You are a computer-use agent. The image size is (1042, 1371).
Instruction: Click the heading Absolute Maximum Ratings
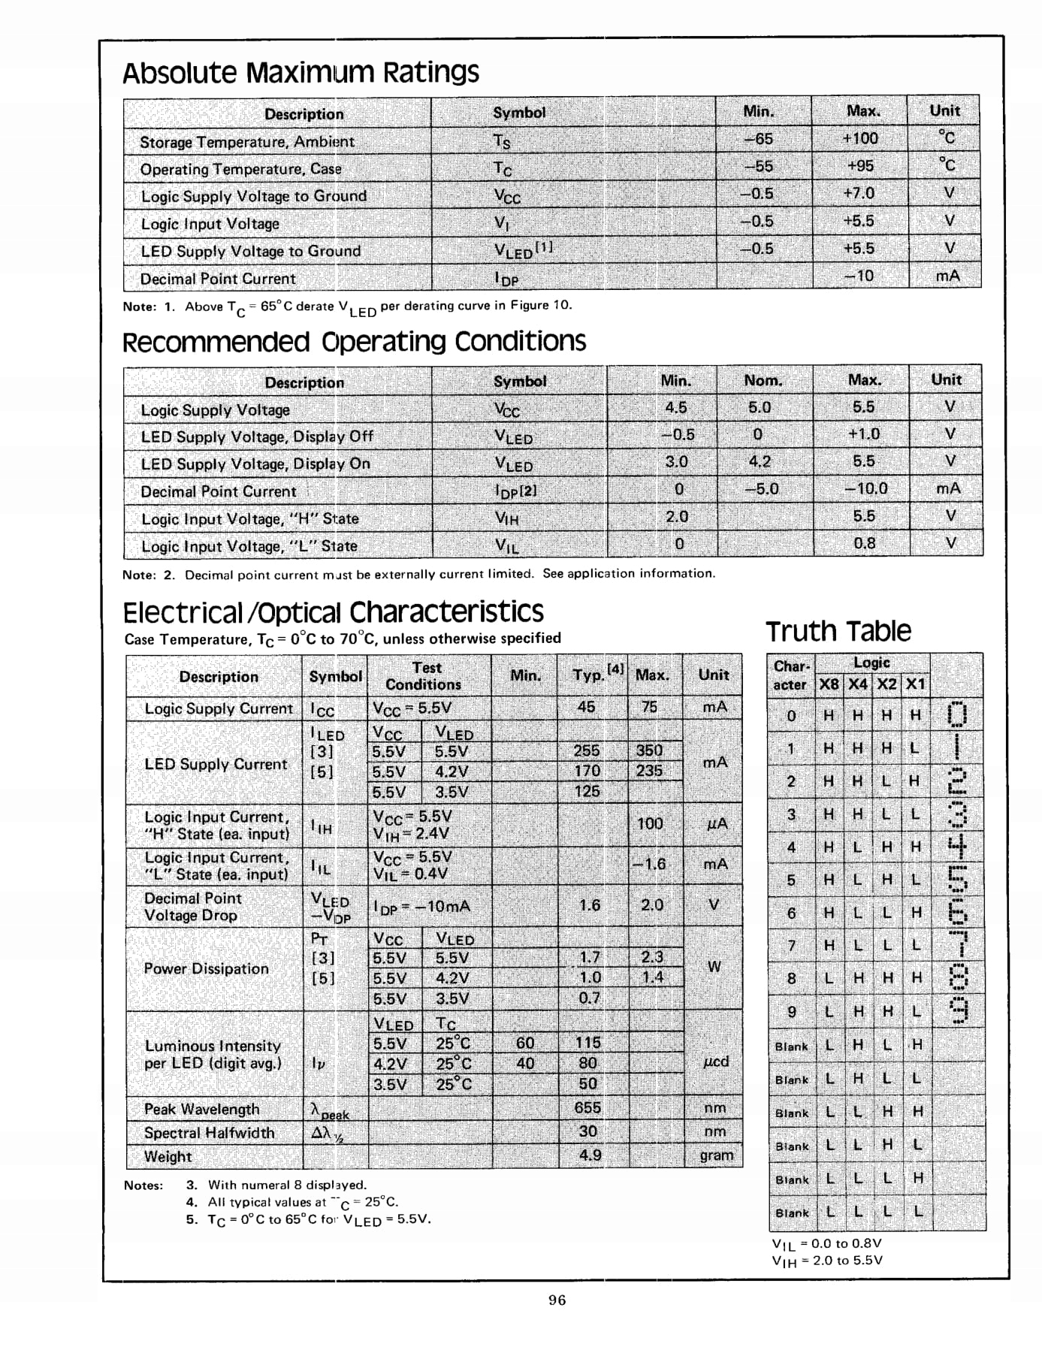(x=301, y=73)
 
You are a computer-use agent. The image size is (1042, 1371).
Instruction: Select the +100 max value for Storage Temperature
(x=859, y=138)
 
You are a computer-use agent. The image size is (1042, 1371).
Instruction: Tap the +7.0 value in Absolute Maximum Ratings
(x=858, y=193)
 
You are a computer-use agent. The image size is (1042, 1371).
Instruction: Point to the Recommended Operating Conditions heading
(x=354, y=342)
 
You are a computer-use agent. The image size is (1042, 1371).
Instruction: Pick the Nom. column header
(x=763, y=380)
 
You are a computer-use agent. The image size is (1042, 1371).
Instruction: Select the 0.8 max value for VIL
(x=864, y=542)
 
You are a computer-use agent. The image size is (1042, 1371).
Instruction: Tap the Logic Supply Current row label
(x=218, y=708)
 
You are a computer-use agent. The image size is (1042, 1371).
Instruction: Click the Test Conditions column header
(x=424, y=676)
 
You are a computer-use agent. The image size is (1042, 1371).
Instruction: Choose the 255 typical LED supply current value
(x=586, y=750)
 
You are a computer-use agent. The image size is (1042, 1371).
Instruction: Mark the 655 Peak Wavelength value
(x=587, y=1107)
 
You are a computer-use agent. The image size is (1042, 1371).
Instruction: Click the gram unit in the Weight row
(x=715, y=1155)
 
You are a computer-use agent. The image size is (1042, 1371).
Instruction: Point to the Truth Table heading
(x=838, y=631)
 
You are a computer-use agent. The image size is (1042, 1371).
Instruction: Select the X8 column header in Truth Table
(x=829, y=684)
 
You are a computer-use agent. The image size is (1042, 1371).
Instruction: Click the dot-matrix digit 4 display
(x=956, y=845)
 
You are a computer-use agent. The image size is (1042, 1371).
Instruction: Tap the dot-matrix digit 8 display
(x=957, y=977)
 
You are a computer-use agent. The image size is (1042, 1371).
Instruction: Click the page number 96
(x=557, y=1300)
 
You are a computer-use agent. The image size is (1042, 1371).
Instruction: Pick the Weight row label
(x=168, y=1156)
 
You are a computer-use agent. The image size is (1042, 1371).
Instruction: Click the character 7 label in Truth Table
(x=791, y=945)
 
